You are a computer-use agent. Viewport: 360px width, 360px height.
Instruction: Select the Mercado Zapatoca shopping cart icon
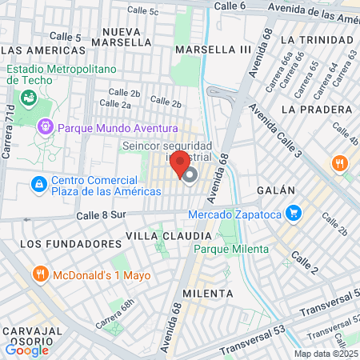click(x=294, y=214)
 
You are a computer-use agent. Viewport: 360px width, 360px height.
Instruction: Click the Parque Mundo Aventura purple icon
click(x=45, y=126)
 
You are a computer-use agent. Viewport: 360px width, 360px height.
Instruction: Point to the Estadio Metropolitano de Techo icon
click(x=30, y=97)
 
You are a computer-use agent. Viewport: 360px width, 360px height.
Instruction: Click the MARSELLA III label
click(x=213, y=50)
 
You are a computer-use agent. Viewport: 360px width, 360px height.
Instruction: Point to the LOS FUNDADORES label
click(x=64, y=243)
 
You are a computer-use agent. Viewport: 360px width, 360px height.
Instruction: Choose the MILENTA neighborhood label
click(x=207, y=294)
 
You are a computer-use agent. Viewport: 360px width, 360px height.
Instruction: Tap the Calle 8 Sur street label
click(x=102, y=215)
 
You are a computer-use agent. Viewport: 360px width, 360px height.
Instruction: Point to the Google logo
click(x=26, y=350)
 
